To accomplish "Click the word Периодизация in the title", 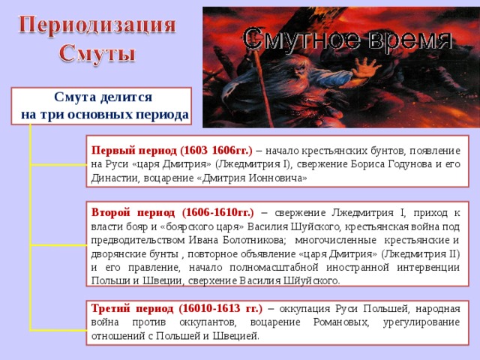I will click(x=97, y=25).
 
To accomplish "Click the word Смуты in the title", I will click(x=97, y=54).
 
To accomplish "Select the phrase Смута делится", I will click(x=103, y=97).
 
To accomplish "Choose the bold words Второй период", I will click(x=133, y=212).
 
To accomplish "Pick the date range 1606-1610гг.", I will click(x=217, y=212).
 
